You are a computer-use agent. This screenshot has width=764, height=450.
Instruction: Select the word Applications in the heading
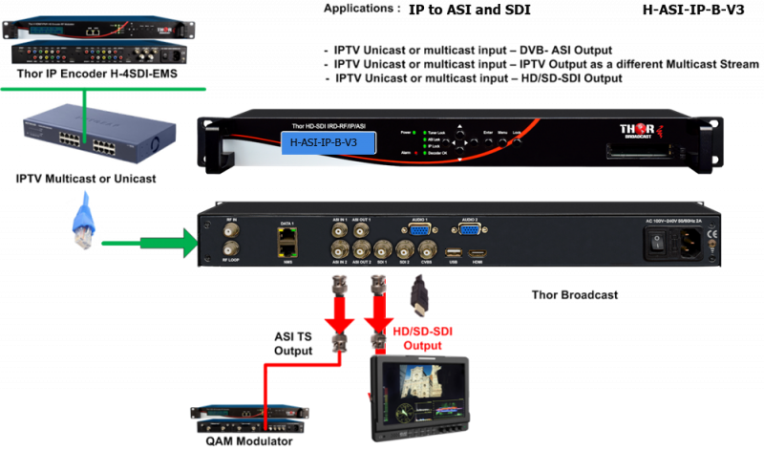click(x=358, y=9)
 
